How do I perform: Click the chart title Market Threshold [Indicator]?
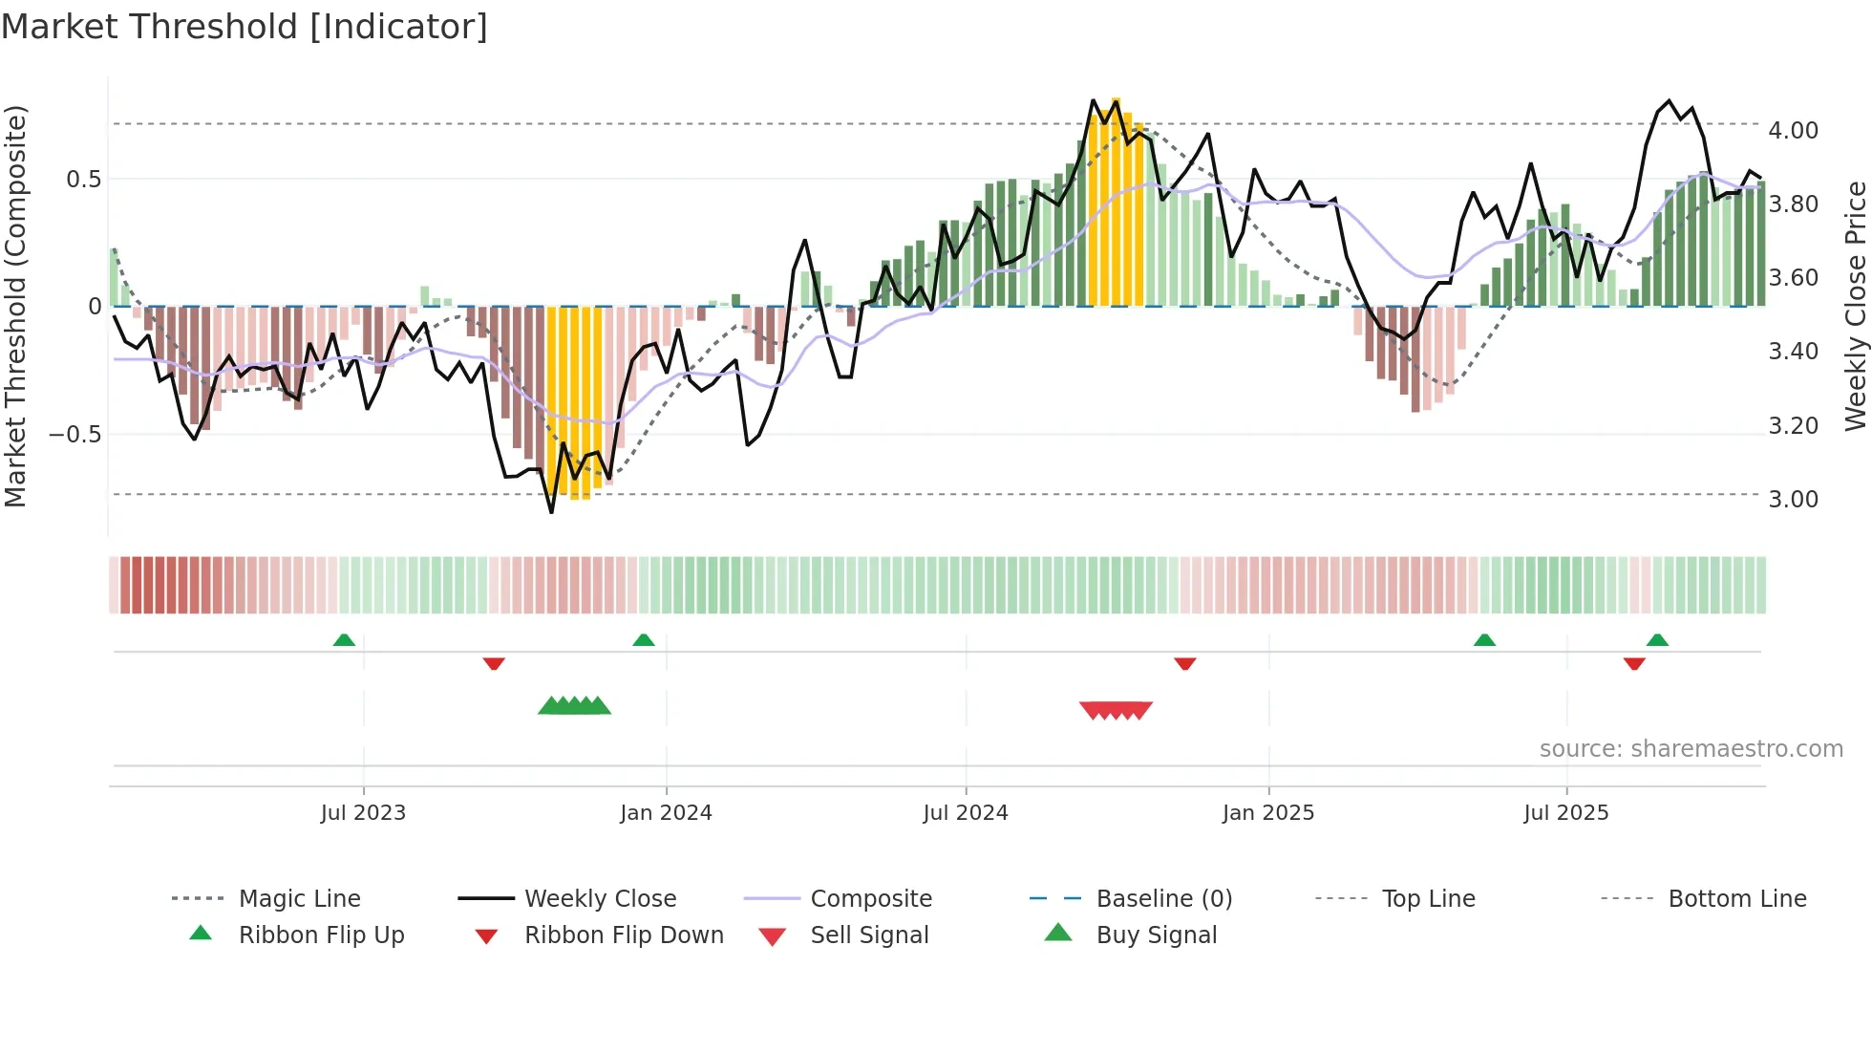245,27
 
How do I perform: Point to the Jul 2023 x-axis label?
363,812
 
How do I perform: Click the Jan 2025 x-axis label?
1267,812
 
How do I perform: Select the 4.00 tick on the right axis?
1793,130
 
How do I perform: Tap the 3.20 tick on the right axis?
1793,425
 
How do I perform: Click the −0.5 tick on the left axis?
75,434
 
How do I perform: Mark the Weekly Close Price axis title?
1855,306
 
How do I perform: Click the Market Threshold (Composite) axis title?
15,306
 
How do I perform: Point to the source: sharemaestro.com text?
1691,748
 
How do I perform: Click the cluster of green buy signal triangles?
574,706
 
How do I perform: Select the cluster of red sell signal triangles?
1116,710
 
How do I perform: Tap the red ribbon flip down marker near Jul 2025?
1634,663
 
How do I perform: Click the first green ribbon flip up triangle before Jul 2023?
344,640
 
